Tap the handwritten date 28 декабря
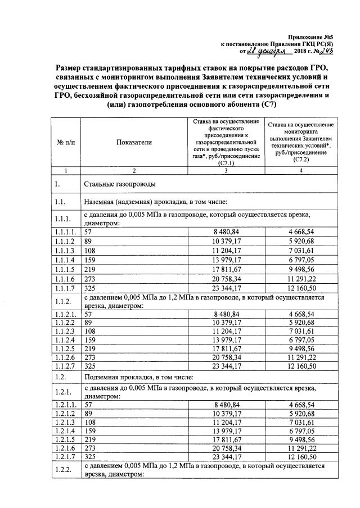(x=270, y=51)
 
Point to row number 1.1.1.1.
(x=67, y=232)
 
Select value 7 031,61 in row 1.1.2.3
(x=303, y=331)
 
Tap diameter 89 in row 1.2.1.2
(x=87, y=413)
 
